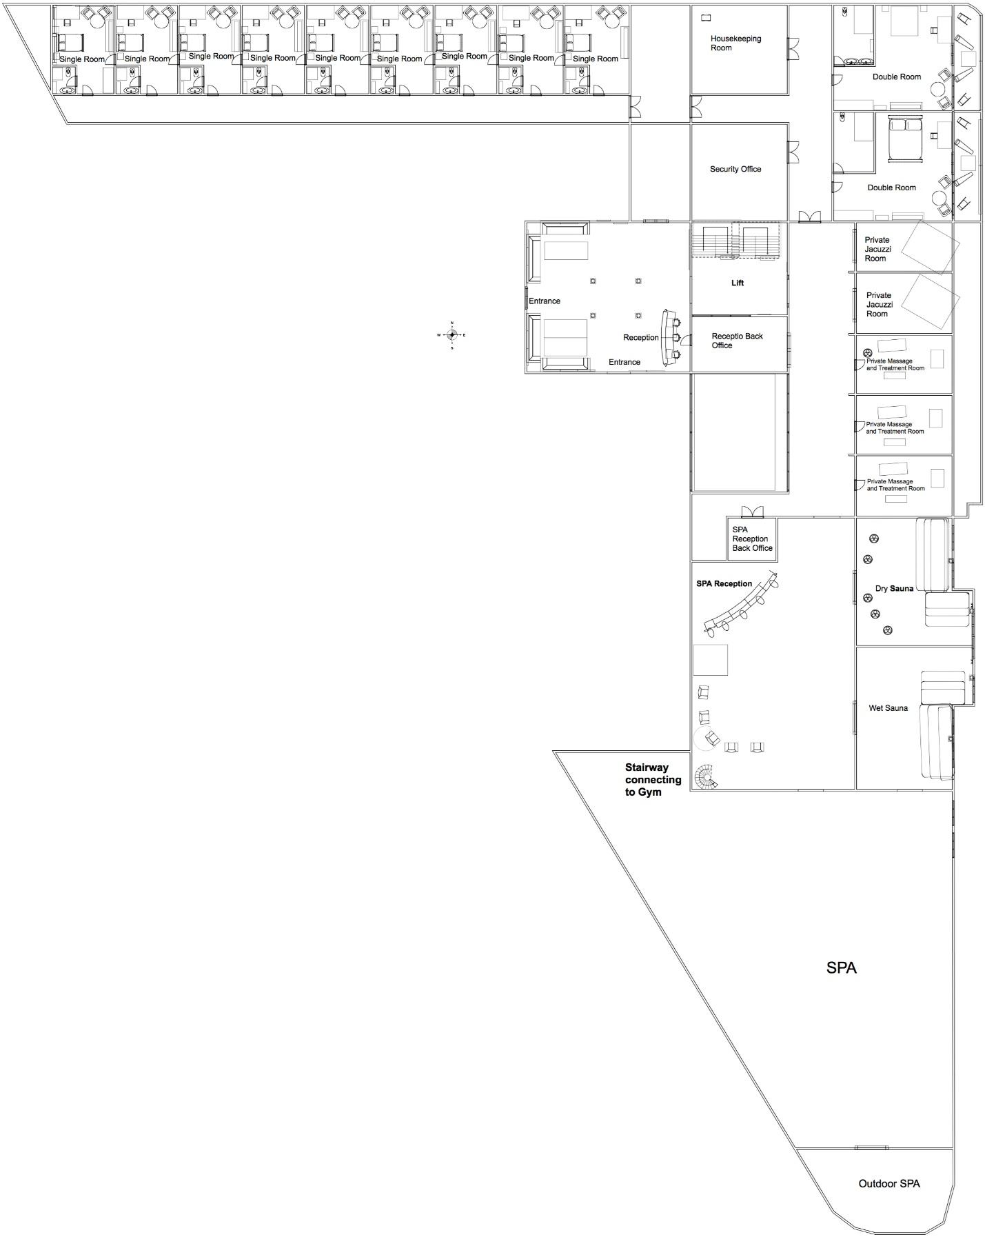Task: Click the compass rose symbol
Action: [x=451, y=335]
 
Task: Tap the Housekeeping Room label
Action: [x=735, y=43]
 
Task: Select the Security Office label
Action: [x=735, y=169]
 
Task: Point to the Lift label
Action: [x=738, y=283]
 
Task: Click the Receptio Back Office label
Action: [x=737, y=341]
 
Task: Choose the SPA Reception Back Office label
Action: [x=752, y=539]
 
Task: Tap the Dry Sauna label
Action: [x=894, y=589]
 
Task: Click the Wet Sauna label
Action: [x=888, y=708]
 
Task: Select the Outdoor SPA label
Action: [x=888, y=1183]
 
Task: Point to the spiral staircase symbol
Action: [x=705, y=777]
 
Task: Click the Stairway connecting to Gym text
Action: [x=653, y=780]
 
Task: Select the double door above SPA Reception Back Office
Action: [x=752, y=512]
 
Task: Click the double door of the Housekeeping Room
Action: [x=793, y=48]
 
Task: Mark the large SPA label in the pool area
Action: [x=842, y=968]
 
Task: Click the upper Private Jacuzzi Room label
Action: [x=877, y=249]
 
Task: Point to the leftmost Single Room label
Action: [x=82, y=59]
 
